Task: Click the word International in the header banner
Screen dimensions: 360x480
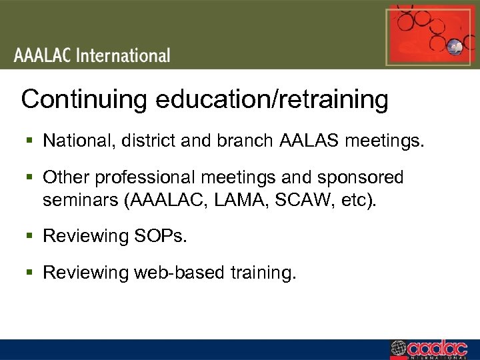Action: (123, 55)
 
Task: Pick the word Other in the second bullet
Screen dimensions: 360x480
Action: (66, 178)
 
